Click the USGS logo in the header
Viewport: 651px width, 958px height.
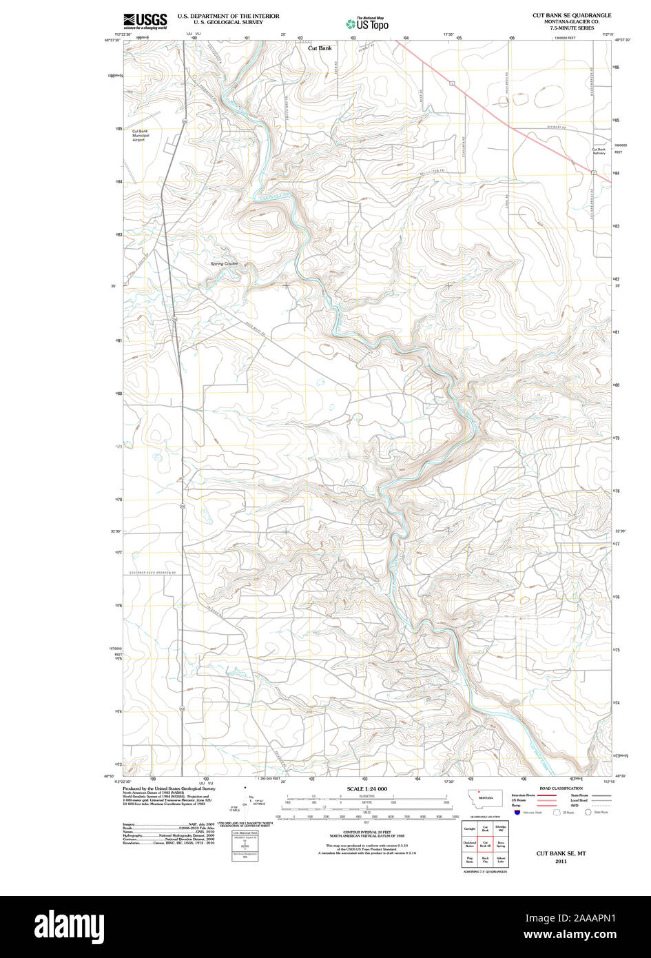pos(145,21)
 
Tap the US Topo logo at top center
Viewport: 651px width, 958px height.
pos(367,23)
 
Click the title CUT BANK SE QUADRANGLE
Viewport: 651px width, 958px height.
pos(571,15)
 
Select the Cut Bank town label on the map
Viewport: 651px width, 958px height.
pos(320,48)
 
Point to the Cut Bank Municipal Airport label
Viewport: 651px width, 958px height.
pos(141,135)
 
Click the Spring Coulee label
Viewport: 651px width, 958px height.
pos(224,263)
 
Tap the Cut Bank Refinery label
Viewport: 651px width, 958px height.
pos(599,151)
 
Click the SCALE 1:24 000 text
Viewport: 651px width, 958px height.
pos(366,788)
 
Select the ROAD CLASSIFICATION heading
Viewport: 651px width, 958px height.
pos(560,788)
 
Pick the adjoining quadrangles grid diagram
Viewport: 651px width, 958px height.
pos(485,844)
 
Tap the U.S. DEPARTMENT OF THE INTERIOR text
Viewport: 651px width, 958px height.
pos(228,15)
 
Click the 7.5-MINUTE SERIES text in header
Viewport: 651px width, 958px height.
pos(571,28)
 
